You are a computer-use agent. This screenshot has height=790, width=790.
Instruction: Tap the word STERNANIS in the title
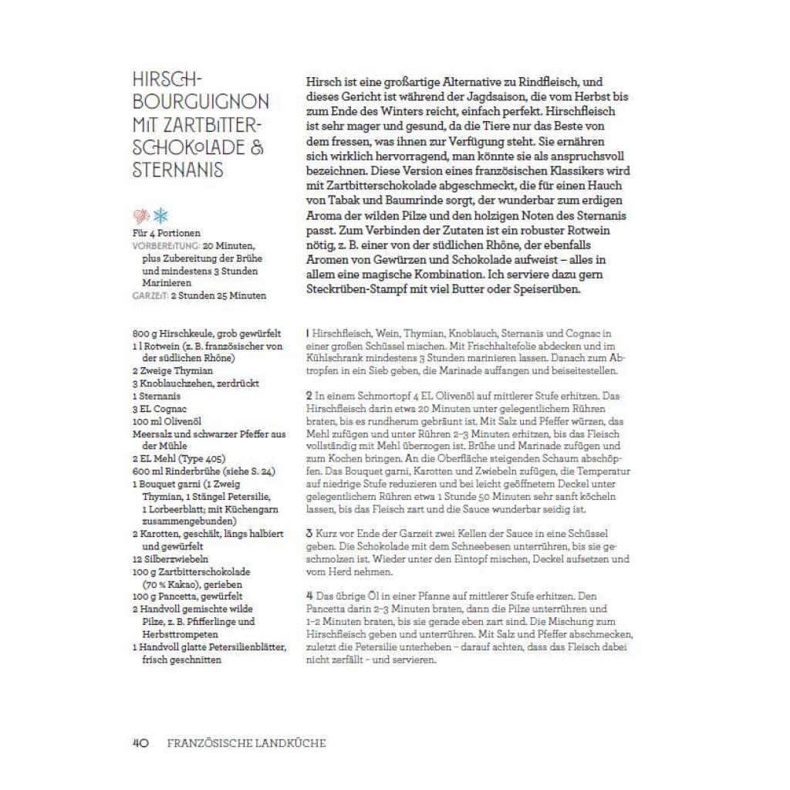(x=177, y=169)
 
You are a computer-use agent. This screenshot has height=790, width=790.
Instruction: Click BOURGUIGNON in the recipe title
(x=201, y=102)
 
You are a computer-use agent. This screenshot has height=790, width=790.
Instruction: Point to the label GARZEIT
(x=149, y=295)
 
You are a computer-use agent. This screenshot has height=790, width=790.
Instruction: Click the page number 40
(x=140, y=743)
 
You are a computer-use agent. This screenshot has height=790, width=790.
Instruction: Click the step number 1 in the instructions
(x=307, y=333)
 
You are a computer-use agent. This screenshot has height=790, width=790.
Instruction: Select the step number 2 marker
(x=308, y=396)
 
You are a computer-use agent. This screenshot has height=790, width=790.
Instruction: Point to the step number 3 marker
(x=308, y=534)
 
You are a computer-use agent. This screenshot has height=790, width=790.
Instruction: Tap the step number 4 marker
(x=308, y=596)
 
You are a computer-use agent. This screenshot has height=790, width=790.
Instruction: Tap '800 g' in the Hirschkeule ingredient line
(x=143, y=333)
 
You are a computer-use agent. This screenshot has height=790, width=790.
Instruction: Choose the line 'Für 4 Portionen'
(x=167, y=233)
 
